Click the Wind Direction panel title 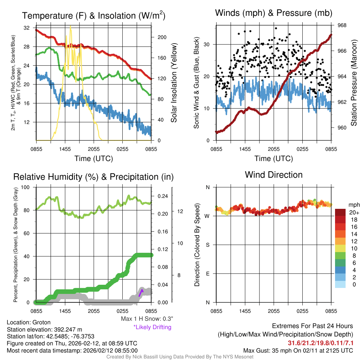tap(274, 175)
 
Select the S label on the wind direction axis tap(208, 245)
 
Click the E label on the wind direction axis tap(208, 274)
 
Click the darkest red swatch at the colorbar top tap(341, 212)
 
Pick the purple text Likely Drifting tap(152, 327)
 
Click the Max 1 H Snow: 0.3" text tap(147, 319)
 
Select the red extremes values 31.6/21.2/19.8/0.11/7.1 tap(321, 343)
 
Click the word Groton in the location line tap(41, 322)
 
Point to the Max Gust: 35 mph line tap(298, 351)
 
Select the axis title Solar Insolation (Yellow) tap(174, 83)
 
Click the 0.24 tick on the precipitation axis tap(160, 196)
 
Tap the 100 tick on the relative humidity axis tap(26, 187)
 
